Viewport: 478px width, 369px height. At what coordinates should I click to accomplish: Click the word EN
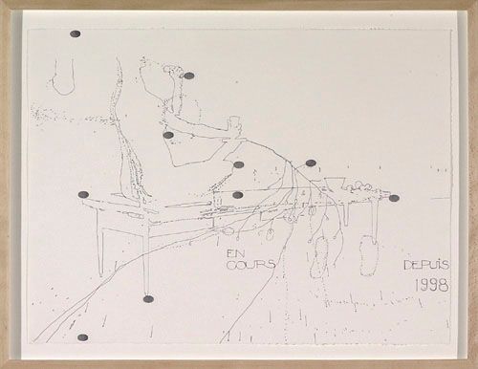click(233, 254)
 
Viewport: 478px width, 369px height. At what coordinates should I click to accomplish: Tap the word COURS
click(250, 265)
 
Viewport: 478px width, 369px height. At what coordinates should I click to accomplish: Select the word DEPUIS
click(426, 265)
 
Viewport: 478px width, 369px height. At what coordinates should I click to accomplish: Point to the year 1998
click(432, 285)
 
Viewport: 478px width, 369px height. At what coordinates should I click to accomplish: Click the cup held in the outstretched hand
click(233, 122)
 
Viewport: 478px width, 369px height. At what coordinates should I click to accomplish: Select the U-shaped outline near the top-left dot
click(64, 78)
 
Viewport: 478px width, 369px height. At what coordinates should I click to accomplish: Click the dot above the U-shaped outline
click(75, 34)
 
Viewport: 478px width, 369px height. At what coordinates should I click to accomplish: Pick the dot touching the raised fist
click(189, 76)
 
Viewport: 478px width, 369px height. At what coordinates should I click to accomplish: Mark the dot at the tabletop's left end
click(83, 195)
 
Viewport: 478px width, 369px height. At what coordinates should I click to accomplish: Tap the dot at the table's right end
click(394, 198)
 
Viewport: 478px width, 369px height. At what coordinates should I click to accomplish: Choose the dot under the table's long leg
click(148, 299)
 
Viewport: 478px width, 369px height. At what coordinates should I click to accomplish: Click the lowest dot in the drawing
click(82, 337)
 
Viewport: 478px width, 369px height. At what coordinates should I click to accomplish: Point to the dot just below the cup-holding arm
click(168, 135)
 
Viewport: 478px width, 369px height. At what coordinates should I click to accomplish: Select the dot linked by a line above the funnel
click(311, 163)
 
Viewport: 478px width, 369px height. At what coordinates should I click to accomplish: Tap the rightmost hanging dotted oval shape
click(369, 255)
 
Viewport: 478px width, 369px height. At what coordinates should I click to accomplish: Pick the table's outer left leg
click(100, 251)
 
